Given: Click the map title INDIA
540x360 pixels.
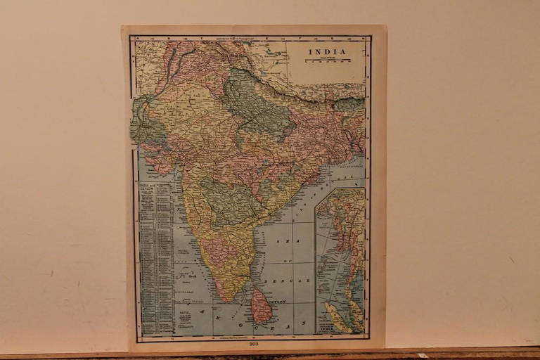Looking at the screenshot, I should [x=326, y=51].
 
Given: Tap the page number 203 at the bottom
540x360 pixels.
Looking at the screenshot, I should [x=253, y=344].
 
